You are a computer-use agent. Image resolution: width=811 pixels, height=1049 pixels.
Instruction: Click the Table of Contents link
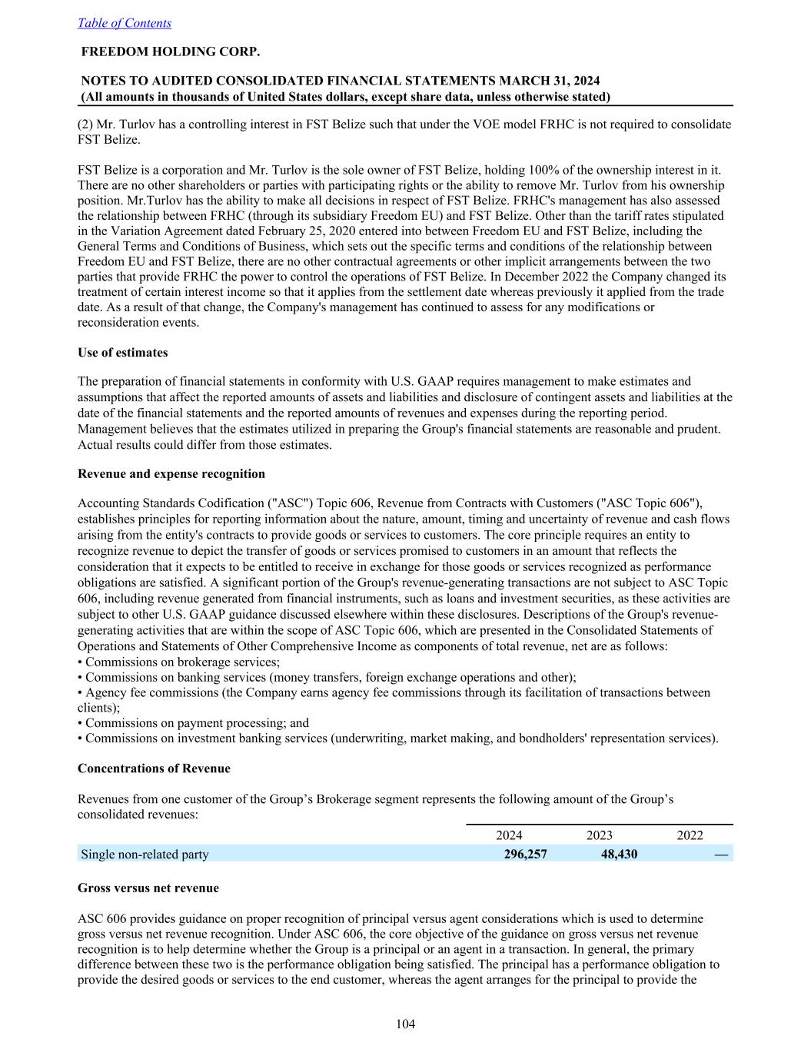pyautogui.click(x=125, y=23)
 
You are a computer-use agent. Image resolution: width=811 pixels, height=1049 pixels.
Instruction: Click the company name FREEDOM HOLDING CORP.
pyautogui.click(x=171, y=52)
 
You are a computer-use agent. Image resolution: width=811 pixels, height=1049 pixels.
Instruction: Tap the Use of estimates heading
pyautogui.click(x=122, y=353)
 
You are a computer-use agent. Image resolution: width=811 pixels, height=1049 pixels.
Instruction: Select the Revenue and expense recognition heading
pyautogui.click(x=171, y=473)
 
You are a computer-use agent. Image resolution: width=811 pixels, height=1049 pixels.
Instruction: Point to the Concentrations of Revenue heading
pyautogui.click(x=154, y=768)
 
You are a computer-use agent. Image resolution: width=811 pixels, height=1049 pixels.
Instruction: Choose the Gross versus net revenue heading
pyautogui.click(x=148, y=888)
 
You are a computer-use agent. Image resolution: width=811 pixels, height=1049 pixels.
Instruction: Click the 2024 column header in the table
pyautogui.click(x=509, y=836)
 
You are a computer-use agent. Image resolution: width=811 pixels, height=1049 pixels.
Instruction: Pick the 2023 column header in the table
pyautogui.click(x=600, y=836)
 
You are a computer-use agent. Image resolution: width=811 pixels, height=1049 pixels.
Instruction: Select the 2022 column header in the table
pyautogui.click(x=690, y=836)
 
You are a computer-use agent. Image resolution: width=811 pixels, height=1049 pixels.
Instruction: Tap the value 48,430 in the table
pyautogui.click(x=618, y=854)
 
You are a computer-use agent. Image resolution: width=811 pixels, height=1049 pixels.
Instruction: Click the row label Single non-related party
pyautogui.click(x=145, y=854)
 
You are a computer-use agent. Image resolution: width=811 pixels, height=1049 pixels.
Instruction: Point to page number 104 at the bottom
pyautogui.click(x=405, y=1024)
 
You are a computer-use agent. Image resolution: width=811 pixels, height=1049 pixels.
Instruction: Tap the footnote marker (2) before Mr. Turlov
pyautogui.click(x=86, y=124)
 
